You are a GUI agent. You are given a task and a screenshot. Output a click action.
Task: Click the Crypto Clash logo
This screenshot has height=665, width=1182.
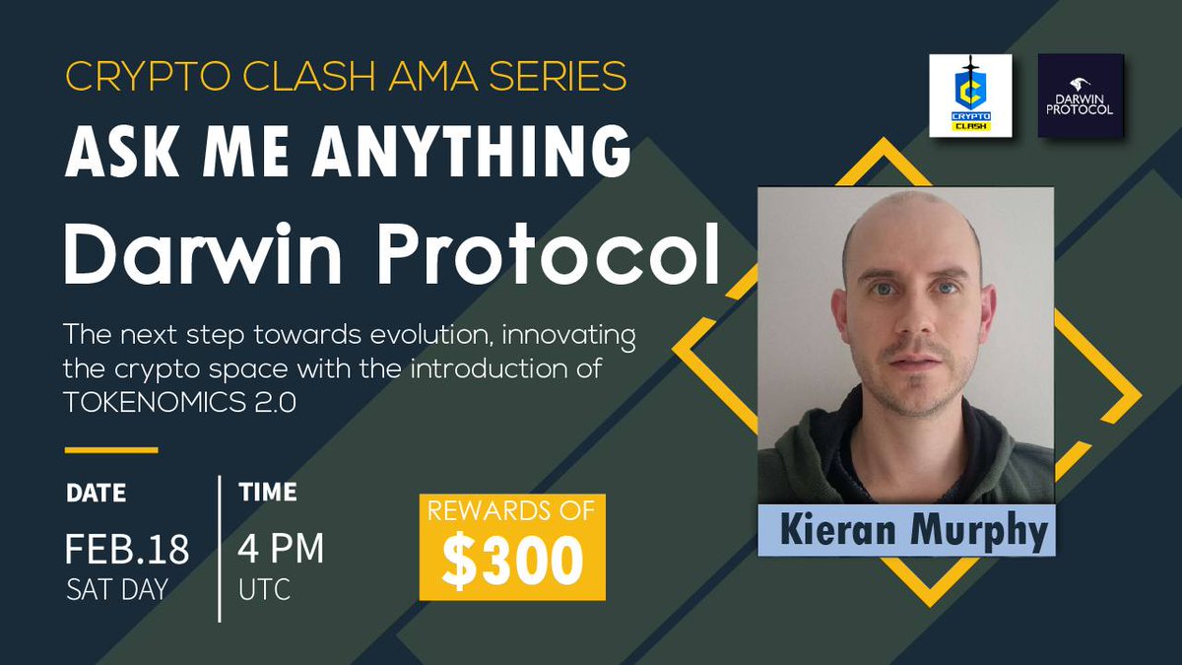pos(970,96)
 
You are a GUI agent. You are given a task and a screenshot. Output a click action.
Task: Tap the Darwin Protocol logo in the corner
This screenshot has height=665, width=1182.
pos(1081,96)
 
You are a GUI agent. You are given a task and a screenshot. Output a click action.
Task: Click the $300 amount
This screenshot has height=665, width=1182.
pos(512,561)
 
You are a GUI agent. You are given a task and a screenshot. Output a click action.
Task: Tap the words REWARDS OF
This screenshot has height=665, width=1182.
pos(512,511)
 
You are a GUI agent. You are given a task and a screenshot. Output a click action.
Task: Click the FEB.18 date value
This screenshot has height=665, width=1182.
pos(127,550)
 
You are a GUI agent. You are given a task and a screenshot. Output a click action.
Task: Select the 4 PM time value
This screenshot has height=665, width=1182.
pos(281,550)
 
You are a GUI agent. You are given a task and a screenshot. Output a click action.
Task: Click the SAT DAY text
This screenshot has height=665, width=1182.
pos(117,591)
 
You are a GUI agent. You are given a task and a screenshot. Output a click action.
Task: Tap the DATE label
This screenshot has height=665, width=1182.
pos(96,493)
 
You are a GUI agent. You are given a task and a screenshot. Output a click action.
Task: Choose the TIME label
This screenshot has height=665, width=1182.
pos(268,493)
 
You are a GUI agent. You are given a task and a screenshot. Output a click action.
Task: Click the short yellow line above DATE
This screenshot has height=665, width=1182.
pos(111,450)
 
